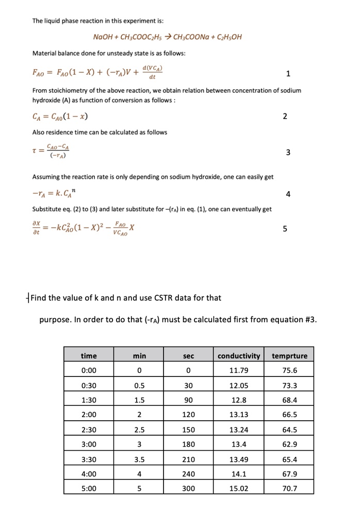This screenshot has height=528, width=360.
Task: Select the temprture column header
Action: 289,355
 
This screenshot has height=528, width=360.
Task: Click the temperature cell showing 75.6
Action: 289,370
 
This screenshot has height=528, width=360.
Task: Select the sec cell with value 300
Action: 189,488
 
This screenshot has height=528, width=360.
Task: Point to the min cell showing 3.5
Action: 139,459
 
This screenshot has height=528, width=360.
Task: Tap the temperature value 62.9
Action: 289,444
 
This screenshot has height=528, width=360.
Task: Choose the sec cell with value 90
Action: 189,400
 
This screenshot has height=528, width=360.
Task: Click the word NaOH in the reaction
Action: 103,37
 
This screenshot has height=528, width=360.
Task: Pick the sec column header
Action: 189,355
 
